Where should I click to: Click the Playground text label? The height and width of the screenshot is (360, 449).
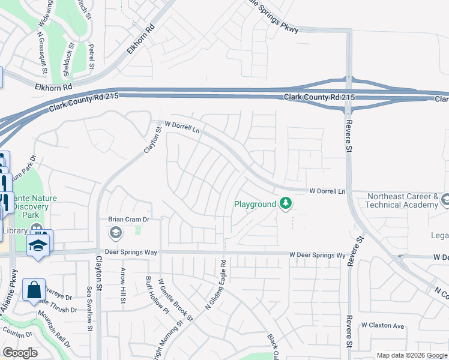[x=255, y=204]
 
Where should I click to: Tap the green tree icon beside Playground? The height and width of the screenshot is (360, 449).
[x=286, y=204]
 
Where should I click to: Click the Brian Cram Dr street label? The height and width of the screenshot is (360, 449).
[x=128, y=220]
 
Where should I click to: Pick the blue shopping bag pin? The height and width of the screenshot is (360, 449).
[x=34, y=290]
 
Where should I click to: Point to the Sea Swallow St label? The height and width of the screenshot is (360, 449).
[x=89, y=308]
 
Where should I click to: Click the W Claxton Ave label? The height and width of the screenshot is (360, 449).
[x=382, y=325]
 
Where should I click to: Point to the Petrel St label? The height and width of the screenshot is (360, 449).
[x=91, y=56]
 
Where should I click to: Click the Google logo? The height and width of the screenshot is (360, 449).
[x=20, y=353]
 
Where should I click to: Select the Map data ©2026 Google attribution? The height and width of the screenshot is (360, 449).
[x=412, y=355]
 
